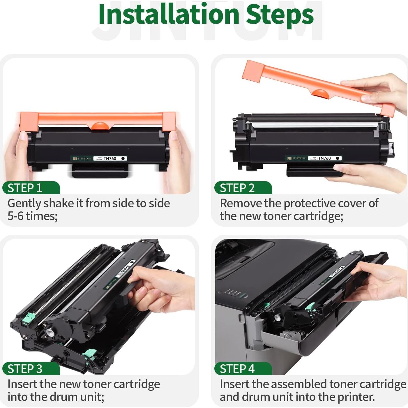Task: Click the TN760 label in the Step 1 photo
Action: (110, 158)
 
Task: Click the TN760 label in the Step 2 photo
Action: (324, 158)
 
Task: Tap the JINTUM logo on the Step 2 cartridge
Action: (296, 158)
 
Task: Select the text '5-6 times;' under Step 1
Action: (32, 216)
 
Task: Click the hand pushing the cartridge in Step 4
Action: (379, 280)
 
